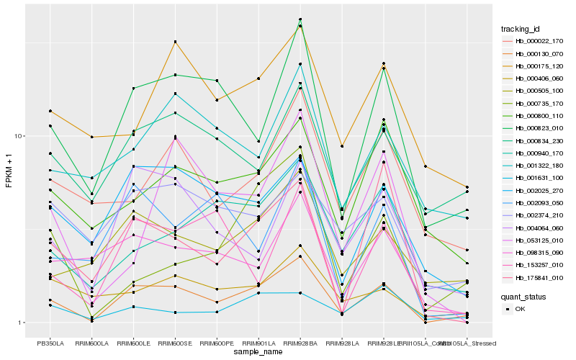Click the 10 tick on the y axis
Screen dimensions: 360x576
(x=20, y=136)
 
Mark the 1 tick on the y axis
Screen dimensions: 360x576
(x=22, y=323)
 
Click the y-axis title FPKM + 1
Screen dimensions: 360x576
(x=9, y=171)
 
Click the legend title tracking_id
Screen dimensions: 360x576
(x=521, y=29)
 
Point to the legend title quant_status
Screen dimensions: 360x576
(x=523, y=296)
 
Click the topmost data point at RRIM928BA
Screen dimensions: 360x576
(x=300, y=19)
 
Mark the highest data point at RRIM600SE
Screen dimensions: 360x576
(x=175, y=42)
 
